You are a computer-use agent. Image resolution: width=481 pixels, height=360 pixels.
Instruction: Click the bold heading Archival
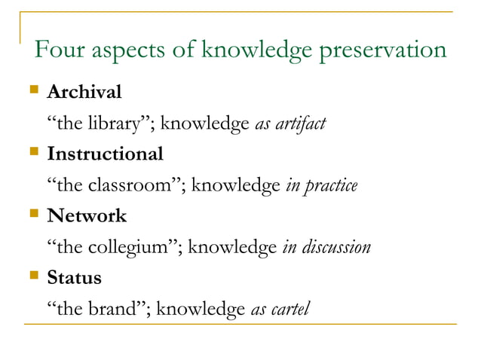[x=84, y=93]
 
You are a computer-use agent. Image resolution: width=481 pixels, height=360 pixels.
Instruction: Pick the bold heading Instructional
[x=105, y=154]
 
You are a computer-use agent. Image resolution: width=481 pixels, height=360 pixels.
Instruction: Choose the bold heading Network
[x=87, y=216]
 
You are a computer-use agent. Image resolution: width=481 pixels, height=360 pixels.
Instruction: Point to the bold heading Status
[x=74, y=277]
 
